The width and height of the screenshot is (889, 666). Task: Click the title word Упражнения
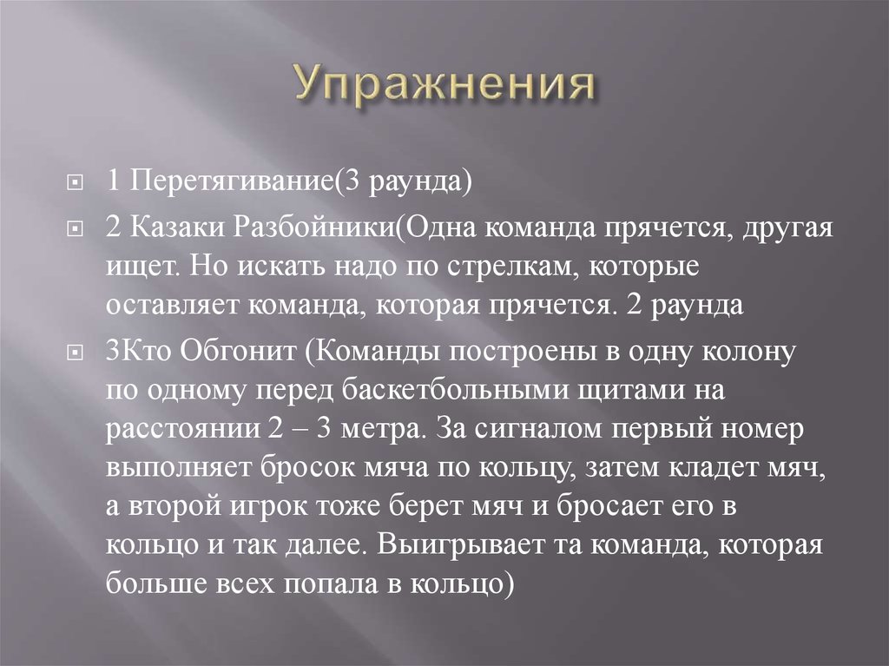[444, 86]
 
